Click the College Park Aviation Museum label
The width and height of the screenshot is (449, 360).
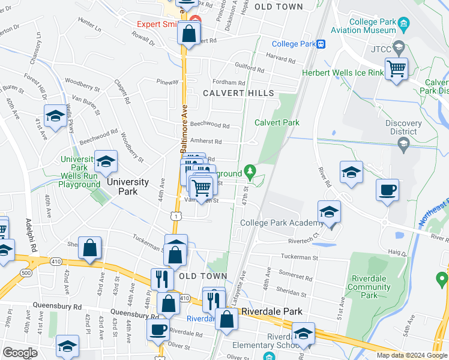click(x=364, y=25)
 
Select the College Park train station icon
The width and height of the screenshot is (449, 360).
click(x=322, y=44)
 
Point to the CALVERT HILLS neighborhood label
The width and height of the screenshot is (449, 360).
click(x=238, y=93)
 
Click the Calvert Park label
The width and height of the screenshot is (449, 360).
click(x=277, y=122)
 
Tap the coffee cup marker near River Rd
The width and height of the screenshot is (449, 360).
click(x=387, y=190)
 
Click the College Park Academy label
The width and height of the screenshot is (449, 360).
click(x=282, y=223)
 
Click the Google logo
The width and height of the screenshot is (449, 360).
click(x=20, y=353)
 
